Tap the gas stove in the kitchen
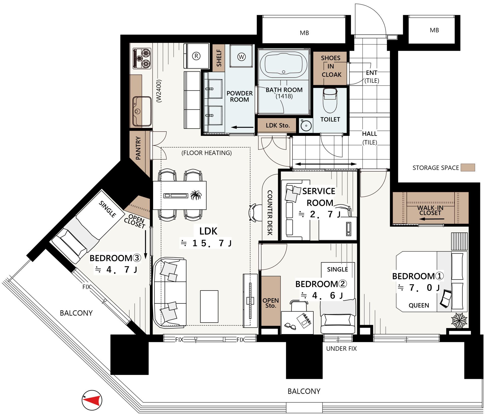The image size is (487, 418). [142, 59]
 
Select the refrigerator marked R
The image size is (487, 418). [196, 56]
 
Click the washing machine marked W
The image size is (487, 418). [241, 56]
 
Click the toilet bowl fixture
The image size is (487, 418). [330, 100]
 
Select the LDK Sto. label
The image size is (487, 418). [278, 125]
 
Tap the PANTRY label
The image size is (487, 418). [138, 148]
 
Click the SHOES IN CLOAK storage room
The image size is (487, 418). [330, 68]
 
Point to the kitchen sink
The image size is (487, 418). [142, 111]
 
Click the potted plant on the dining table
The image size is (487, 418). [196, 195]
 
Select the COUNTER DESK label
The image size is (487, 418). [270, 213]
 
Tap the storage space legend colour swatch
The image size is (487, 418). [468, 168]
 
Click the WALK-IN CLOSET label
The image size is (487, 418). [430, 210]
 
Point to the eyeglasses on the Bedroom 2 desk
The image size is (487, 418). [290, 326]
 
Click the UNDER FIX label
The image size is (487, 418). [341, 349]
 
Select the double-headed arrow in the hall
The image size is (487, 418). [326, 164]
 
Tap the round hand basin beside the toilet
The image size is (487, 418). [306, 125]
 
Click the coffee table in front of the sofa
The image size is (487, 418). [209, 306]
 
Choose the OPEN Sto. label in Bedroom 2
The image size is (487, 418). [271, 303]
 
